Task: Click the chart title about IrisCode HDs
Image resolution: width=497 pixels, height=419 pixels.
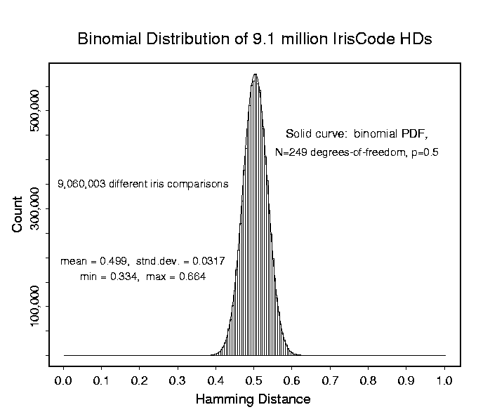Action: (254, 39)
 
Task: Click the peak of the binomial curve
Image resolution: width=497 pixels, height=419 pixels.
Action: (255, 74)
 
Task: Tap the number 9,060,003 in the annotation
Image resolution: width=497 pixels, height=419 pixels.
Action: (81, 185)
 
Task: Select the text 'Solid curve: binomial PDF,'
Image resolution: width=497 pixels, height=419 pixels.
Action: (356, 133)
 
